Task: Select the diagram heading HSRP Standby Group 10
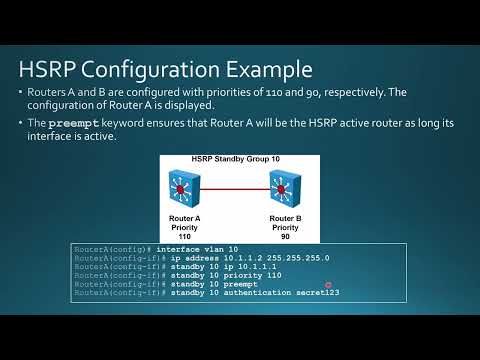click(238, 161)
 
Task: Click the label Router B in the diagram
click(287, 216)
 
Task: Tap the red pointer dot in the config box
click(328, 285)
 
